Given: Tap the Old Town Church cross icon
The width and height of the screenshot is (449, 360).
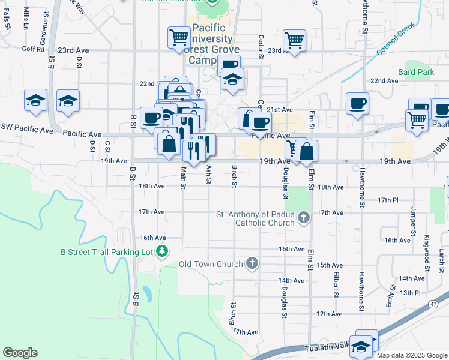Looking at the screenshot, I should pyautogui.click(x=253, y=263).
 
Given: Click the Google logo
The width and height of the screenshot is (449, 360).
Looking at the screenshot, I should pyautogui.click(x=20, y=353).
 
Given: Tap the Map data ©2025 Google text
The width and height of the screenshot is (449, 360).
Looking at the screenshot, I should pyautogui.click(x=411, y=355).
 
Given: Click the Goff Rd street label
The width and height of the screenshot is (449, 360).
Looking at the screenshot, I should pyautogui.click(x=33, y=50).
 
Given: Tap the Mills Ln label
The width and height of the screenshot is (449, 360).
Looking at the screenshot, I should pyautogui.click(x=26, y=19).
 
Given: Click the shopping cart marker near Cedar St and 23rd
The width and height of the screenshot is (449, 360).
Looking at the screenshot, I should pyautogui.click(x=294, y=41).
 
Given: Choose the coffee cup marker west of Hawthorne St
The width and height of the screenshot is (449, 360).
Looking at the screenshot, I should pyautogui.click(x=357, y=103).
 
